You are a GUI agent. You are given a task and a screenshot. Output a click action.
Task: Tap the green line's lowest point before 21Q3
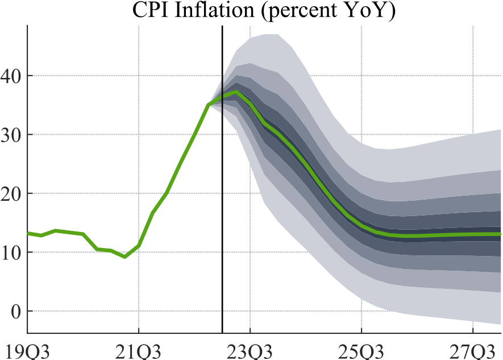coord(125,257)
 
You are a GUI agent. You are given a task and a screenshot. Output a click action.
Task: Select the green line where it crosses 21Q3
coord(139,246)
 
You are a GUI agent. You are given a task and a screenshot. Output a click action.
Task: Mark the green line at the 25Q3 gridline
coord(361,226)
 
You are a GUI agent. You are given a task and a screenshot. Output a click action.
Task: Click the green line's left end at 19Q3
coord(28,233)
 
